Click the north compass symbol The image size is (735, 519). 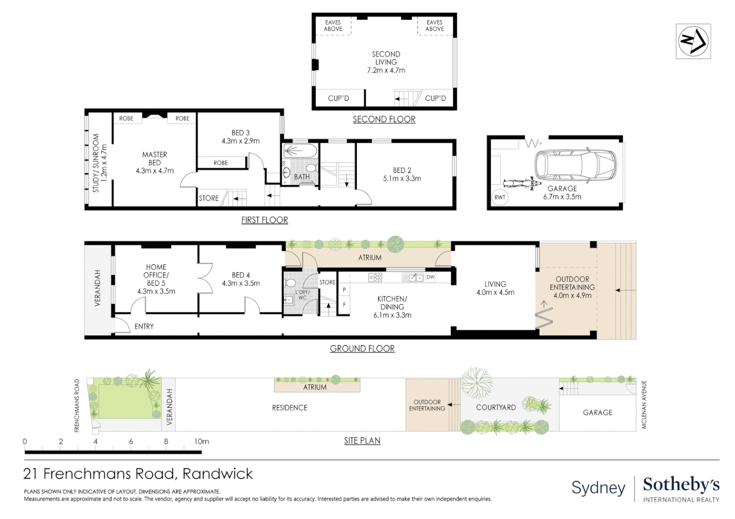pyautogui.click(x=693, y=41)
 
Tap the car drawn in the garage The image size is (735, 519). pyautogui.click(x=575, y=165)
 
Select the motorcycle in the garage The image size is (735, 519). pyautogui.click(x=519, y=183)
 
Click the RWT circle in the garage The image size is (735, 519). pyautogui.click(x=500, y=197)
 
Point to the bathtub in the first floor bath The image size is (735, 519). pyautogui.click(x=300, y=151)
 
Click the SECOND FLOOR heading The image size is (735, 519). pyautogui.click(x=384, y=119)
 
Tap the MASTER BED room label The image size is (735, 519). pyautogui.click(x=154, y=159)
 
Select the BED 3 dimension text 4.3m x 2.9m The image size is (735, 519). pyautogui.click(x=241, y=141)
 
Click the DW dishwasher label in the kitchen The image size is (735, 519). pyautogui.click(x=431, y=277)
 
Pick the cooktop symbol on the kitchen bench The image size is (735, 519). pyautogui.click(x=375, y=277)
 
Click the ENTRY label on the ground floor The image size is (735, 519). pyautogui.click(x=144, y=326)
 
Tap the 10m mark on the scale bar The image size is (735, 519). pyautogui.click(x=202, y=441)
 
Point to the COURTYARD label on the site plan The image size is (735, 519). pyautogui.click(x=495, y=407)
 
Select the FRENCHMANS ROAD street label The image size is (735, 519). pyautogui.click(x=77, y=406)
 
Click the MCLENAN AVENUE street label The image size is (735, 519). pyautogui.click(x=644, y=405)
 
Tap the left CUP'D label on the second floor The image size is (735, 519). pyautogui.click(x=339, y=98)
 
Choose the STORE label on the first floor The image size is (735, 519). pyautogui.click(x=209, y=198)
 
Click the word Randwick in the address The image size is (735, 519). pyautogui.click(x=217, y=474)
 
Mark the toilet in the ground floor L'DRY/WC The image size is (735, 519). pyautogui.click(x=290, y=283)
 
